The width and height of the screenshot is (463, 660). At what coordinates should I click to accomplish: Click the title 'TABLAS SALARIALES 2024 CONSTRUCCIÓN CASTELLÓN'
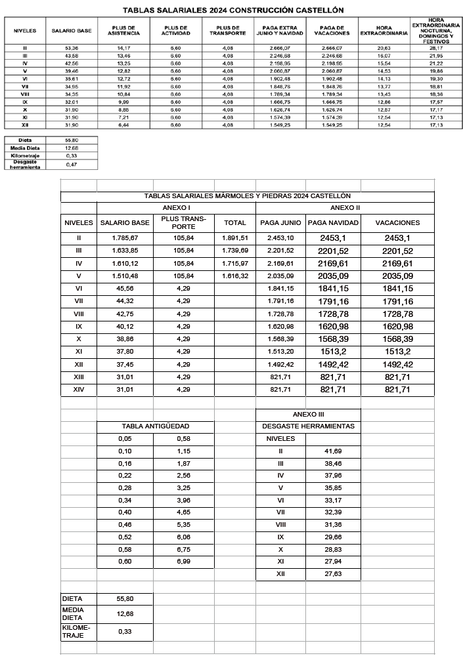(232, 10)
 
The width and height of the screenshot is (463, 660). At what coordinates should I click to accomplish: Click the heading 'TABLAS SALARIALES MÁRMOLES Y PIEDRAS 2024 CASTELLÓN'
(247, 196)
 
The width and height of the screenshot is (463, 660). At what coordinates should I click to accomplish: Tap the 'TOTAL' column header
(235, 222)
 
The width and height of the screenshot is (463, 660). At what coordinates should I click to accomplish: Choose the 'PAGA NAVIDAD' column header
(333, 222)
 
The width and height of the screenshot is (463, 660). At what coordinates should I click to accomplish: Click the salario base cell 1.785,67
(125, 237)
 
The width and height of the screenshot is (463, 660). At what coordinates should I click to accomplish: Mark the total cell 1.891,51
(235, 237)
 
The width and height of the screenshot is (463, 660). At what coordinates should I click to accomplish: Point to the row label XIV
(79, 390)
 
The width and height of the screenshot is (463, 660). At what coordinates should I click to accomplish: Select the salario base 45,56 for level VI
(125, 288)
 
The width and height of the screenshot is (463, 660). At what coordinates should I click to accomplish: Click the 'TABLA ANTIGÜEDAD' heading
(156, 426)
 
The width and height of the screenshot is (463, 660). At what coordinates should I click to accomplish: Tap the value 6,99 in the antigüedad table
(184, 563)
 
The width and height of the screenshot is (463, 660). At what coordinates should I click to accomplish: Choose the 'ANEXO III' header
(308, 414)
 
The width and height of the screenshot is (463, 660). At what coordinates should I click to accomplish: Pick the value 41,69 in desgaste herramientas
(333, 451)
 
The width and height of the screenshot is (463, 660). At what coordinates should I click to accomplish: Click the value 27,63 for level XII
(333, 575)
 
